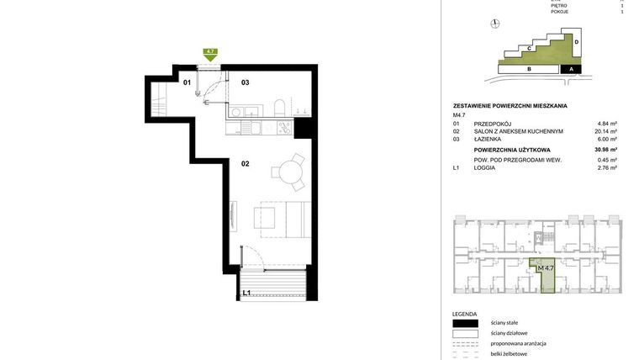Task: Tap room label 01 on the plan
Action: [x=187, y=82]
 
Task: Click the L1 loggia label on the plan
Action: [x=246, y=294]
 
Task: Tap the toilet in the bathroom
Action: [x=277, y=107]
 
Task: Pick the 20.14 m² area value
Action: [x=605, y=131]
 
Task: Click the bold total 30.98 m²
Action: [x=605, y=150]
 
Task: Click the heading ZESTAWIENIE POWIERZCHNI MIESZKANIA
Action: [x=510, y=106]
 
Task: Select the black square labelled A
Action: [x=572, y=69]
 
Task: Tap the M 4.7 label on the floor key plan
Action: [x=546, y=268]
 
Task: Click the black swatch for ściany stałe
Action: [x=465, y=323]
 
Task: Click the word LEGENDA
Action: [x=464, y=313]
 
